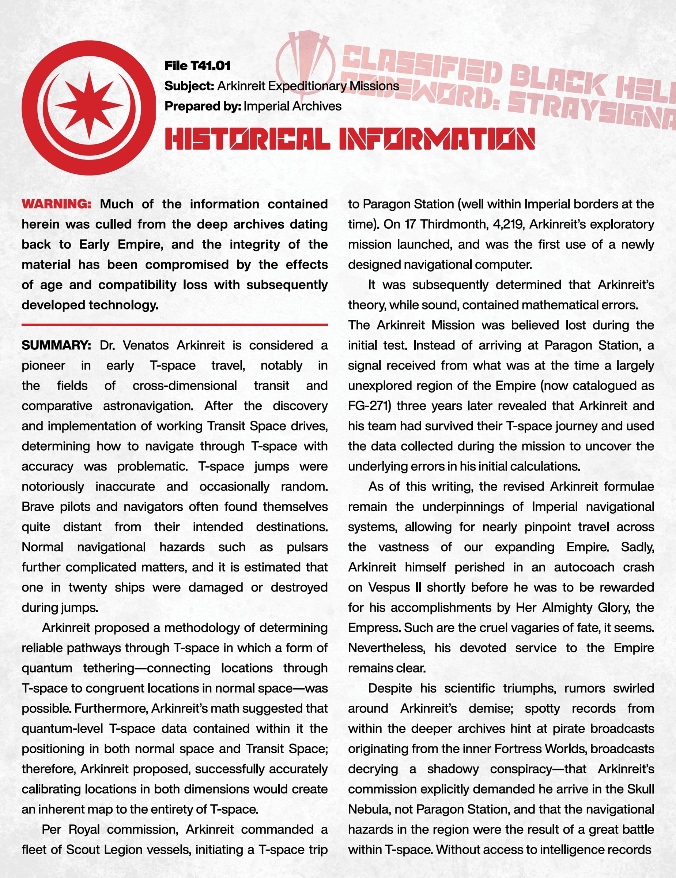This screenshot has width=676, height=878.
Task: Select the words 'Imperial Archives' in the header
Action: pyautogui.click(x=292, y=106)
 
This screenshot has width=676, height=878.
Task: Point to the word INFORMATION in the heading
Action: pyautogui.click(x=437, y=139)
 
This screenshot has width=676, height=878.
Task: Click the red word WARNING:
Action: pyautogui.click(x=57, y=204)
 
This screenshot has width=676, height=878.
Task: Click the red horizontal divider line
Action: pyautogui.click(x=175, y=324)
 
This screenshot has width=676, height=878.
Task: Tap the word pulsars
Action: pyautogui.click(x=307, y=547)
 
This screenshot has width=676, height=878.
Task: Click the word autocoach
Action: pyautogui.click(x=584, y=567)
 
